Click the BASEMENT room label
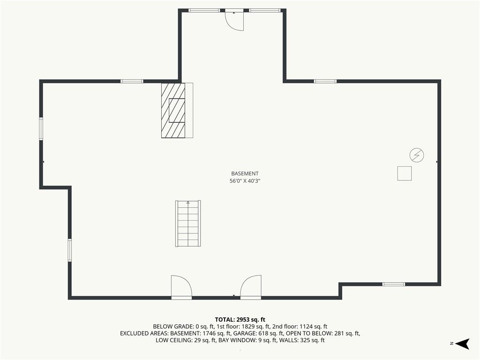pos(245,173)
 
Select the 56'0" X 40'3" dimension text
pos(245,181)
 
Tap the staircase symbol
pos(188,224)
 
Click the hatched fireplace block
pos(173,110)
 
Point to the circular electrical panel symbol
pos(417,155)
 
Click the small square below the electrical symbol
pos(405,173)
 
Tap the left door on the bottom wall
pos(181,287)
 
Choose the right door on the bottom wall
pos(251,287)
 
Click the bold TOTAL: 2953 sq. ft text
pos(240,320)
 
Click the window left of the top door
pos(204,10)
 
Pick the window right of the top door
pos(264,10)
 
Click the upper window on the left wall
pos(41,129)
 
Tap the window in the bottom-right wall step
pos(394,284)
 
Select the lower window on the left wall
pos(70,250)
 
